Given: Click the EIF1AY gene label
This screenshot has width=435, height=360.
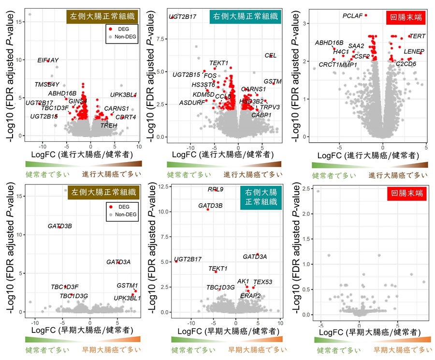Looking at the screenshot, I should [x=48, y=60].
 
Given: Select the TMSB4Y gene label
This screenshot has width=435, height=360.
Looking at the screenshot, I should [x=47, y=84].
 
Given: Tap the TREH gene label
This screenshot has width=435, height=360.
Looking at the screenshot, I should [x=109, y=125].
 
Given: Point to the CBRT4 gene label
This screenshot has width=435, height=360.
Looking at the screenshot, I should [x=126, y=117].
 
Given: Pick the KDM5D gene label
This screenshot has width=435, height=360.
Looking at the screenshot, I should [x=203, y=94].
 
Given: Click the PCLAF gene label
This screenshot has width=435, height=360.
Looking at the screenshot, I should [x=352, y=16].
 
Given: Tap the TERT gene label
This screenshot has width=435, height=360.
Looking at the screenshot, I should [x=418, y=36].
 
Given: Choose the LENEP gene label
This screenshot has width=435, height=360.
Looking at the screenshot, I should [x=414, y=51].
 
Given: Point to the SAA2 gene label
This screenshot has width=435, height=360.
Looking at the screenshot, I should [x=356, y=46].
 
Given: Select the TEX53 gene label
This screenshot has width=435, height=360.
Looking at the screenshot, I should [x=263, y=282].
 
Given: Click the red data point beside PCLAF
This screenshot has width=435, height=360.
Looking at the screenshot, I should [x=366, y=15].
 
